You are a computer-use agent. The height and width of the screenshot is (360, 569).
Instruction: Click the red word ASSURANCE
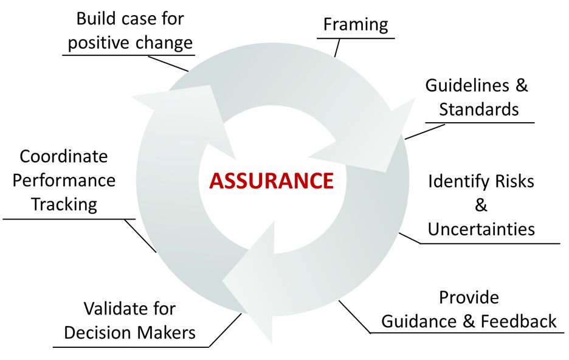coord(271,181)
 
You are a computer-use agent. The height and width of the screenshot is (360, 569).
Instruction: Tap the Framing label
coord(356,25)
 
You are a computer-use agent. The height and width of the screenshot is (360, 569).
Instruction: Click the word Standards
coord(479,109)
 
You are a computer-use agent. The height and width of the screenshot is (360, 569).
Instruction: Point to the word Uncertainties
coord(481,229)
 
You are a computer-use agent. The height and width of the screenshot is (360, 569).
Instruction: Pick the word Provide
coord(469,297)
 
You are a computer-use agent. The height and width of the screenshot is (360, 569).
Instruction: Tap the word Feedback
coord(519,322)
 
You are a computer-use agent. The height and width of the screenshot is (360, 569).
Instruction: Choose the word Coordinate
coord(63,156)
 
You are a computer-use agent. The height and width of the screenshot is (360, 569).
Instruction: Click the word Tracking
coord(64,205)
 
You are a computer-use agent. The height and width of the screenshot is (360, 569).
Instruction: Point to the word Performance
coord(64,181)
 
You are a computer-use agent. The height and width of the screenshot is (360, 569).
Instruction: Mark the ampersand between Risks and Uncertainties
coord(481,206)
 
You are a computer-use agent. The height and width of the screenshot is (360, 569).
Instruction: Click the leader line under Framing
coord(337,47)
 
